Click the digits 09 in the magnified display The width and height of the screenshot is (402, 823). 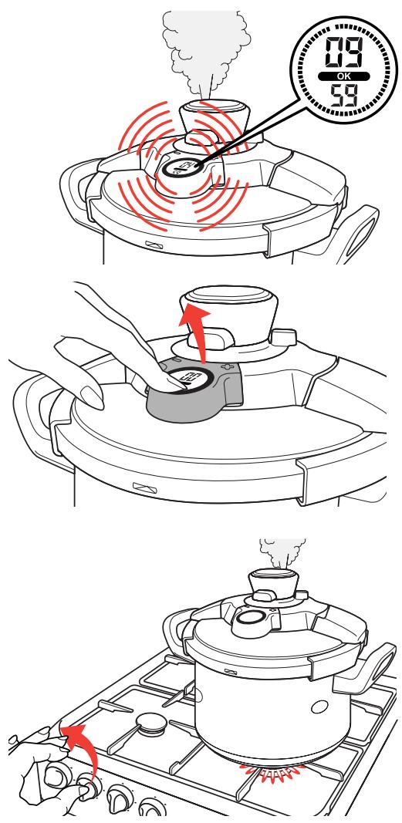344,52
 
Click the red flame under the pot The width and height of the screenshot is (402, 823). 273,771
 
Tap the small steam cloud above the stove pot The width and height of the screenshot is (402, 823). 282,552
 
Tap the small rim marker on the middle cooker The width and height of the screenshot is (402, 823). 144,487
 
